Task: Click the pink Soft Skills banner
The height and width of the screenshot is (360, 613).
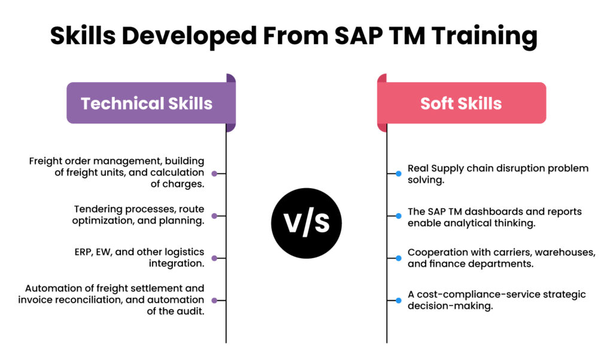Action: [461, 103]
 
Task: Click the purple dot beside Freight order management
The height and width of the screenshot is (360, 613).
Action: [214, 173]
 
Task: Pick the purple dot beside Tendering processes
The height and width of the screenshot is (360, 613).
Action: [214, 215]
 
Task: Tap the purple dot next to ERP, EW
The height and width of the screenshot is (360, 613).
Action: [214, 258]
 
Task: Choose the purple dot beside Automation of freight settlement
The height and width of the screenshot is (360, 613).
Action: [214, 300]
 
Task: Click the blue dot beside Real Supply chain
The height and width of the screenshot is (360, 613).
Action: [398, 174]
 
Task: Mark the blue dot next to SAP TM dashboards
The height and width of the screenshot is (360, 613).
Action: [398, 216]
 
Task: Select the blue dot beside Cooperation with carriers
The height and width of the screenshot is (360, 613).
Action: [398, 258]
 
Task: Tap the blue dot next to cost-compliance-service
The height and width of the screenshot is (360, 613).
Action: [398, 300]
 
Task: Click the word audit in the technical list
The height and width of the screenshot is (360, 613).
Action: [192, 310]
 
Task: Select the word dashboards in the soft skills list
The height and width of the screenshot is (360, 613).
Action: [502, 211]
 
